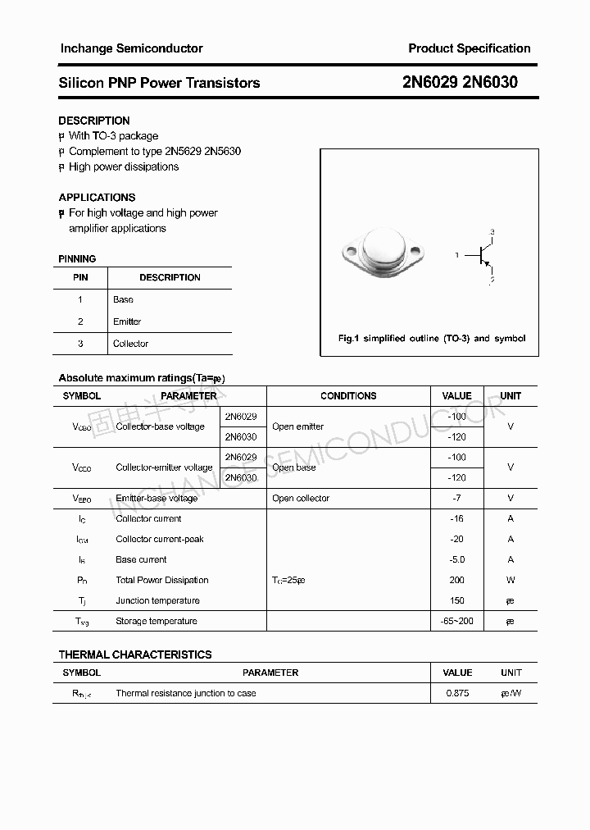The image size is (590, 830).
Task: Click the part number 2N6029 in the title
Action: pyautogui.click(x=431, y=83)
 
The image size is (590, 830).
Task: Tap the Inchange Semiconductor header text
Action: pyautogui.click(x=131, y=48)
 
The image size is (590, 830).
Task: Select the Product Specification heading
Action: pyautogui.click(x=469, y=48)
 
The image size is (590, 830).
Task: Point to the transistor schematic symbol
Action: pyautogui.click(x=481, y=256)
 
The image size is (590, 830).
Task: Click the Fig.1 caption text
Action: pyautogui.click(x=432, y=339)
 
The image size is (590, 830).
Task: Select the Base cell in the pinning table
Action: pyautogui.click(x=123, y=300)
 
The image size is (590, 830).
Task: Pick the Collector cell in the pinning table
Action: pyautogui.click(x=130, y=344)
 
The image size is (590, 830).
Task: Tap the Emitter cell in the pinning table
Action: pyautogui.click(x=127, y=322)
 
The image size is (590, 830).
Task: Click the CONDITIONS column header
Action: pyautogui.click(x=348, y=396)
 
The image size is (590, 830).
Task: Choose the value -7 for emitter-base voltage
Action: pyautogui.click(x=456, y=499)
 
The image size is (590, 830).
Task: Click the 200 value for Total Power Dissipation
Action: pyautogui.click(x=457, y=581)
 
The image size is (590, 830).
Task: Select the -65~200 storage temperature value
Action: pyautogui.click(x=456, y=622)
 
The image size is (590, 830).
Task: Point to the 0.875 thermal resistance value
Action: pyautogui.click(x=457, y=694)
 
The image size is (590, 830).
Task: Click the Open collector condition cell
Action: pyautogui.click(x=301, y=499)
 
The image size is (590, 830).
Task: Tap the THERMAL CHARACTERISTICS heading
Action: pyautogui.click(x=135, y=654)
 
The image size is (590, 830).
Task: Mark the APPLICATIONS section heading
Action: pyautogui.click(x=97, y=198)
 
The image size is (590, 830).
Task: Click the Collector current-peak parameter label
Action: pyautogui.click(x=160, y=540)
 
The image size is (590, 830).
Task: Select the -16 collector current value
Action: pyautogui.click(x=457, y=519)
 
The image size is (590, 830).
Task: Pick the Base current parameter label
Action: pyautogui.click(x=141, y=560)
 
